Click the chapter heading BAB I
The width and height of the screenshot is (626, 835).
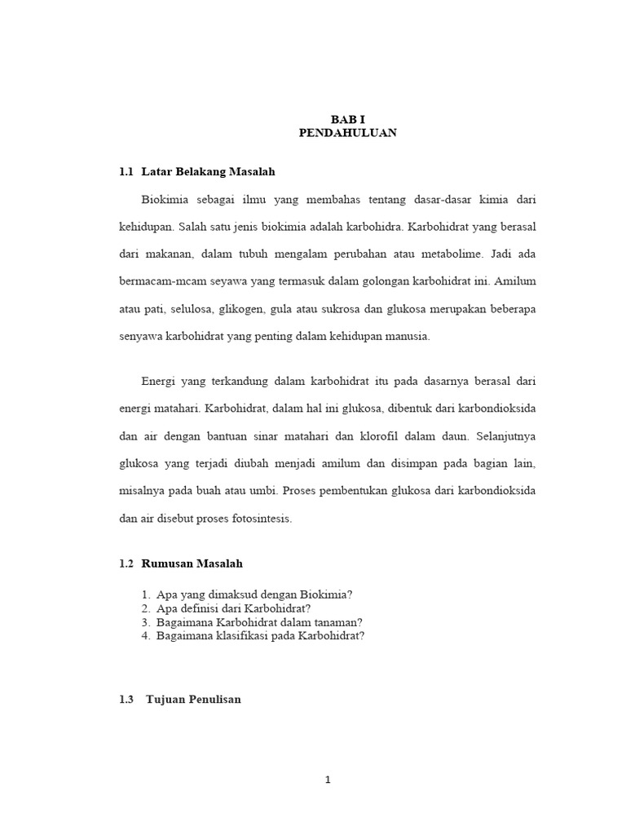tap(348, 119)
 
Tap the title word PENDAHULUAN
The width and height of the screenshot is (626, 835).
tap(348, 132)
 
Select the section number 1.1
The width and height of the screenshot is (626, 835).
tap(126, 172)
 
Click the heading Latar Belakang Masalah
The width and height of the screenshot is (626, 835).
tap(208, 172)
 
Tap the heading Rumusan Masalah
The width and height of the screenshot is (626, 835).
tap(192, 563)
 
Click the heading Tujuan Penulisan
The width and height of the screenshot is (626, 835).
tap(193, 700)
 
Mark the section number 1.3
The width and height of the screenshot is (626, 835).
tap(126, 700)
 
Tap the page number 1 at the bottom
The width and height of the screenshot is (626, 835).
tap(328, 780)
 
